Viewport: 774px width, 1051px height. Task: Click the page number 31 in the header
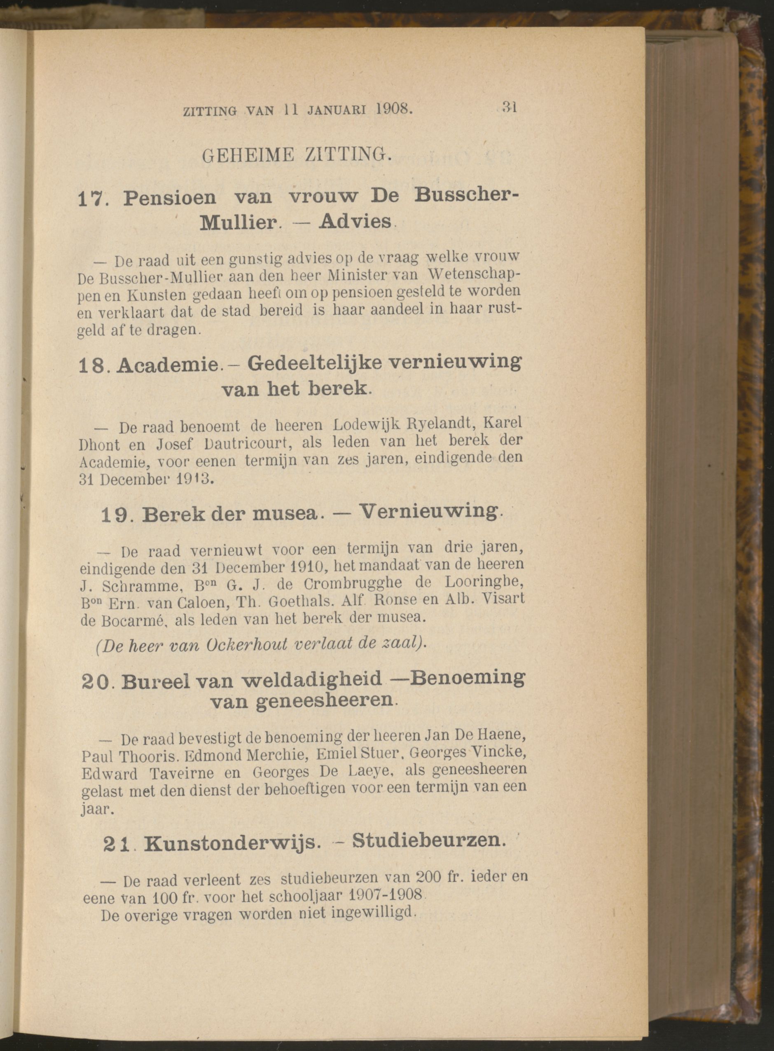(x=508, y=107)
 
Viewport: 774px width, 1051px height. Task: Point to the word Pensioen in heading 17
(x=170, y=198)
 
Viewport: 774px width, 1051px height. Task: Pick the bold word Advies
(x=355, y=221)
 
